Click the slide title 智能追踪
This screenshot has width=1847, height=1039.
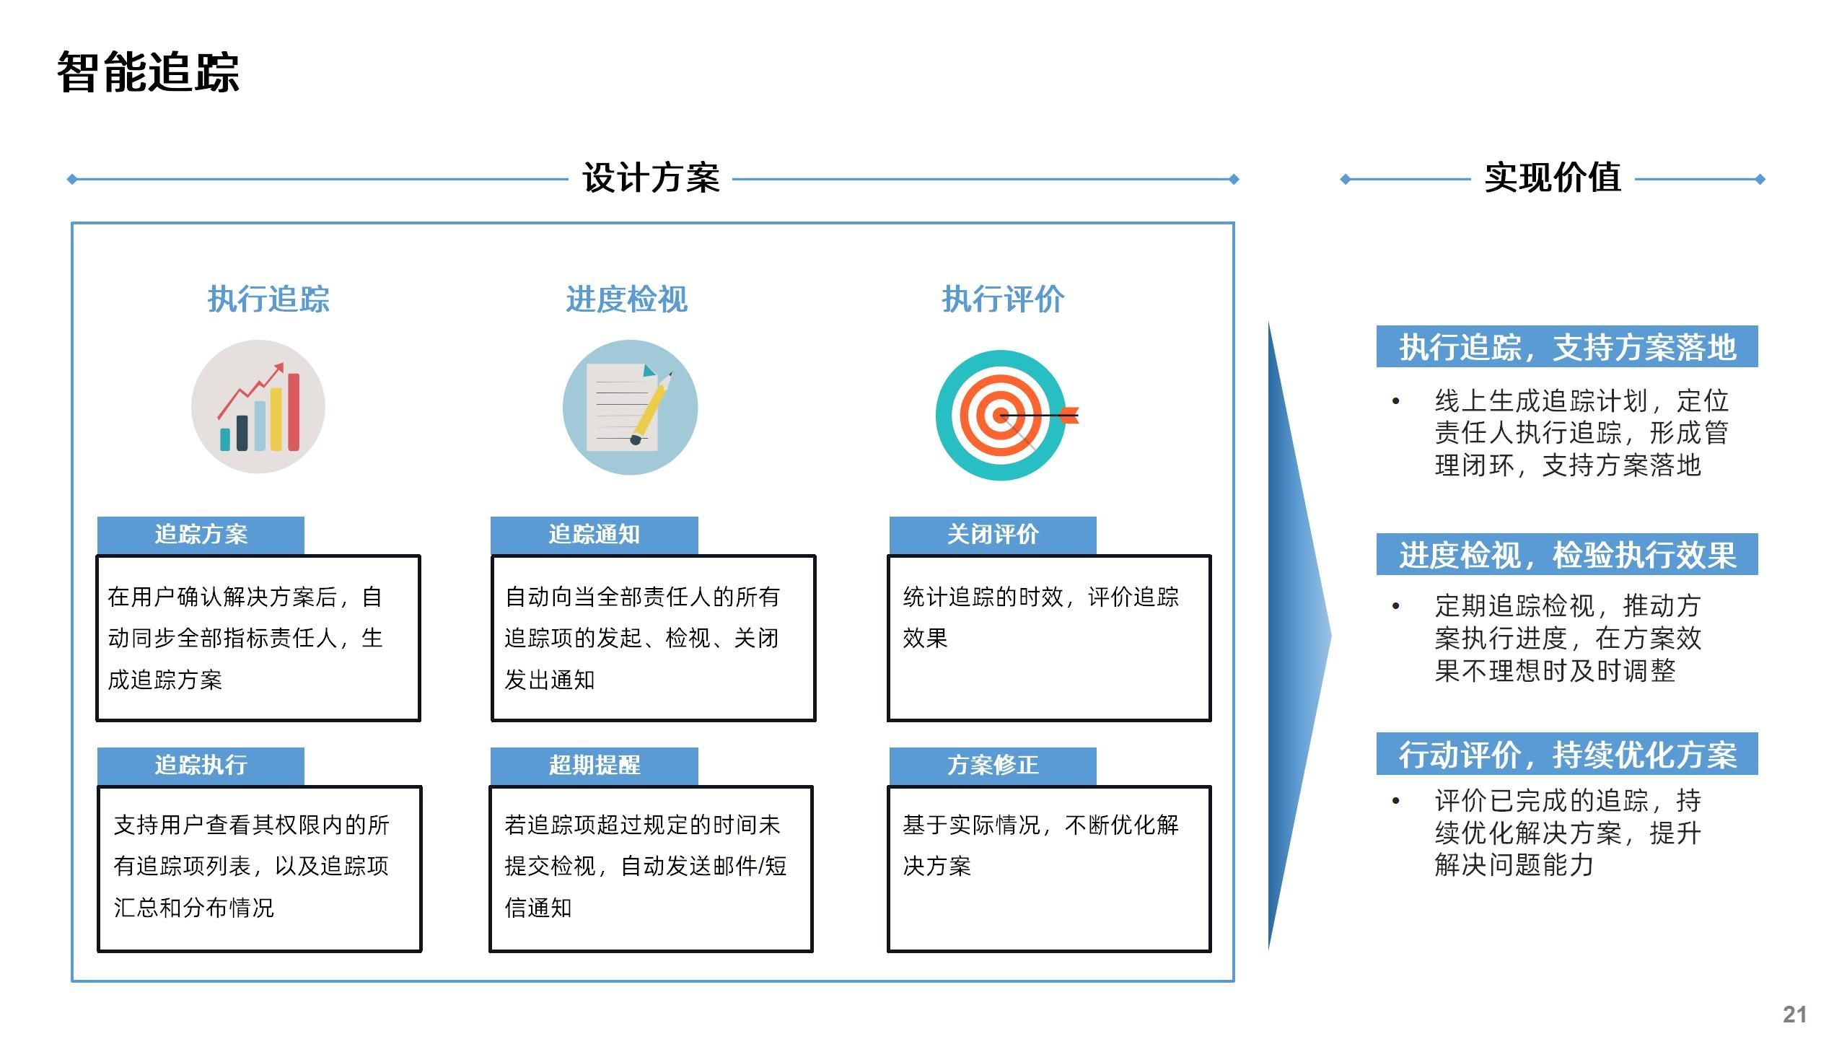click(x=148, y=73)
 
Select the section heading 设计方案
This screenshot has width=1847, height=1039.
click(x=651, y=178)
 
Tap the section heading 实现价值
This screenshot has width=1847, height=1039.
click(x=1553, y=178)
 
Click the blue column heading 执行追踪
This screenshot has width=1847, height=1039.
click(x=268, y=299)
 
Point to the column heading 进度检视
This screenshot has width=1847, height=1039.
click(x=626, y=299)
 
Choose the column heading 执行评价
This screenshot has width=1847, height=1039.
click(x=1003, y=299)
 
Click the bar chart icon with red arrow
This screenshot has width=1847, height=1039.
click(x=258, y=407)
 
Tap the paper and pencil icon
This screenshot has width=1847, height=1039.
click(x=630, y=408)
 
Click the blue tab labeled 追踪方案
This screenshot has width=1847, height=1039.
click(x=201, y=535)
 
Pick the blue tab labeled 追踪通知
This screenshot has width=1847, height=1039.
click(x=594, y=535)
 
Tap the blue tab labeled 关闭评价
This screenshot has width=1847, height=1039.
click(x=993, y=535)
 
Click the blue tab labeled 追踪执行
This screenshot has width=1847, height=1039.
click(x=201, y=766)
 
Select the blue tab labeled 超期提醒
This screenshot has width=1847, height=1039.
click(x=594, y=766)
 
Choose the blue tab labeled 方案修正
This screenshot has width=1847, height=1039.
click(x=993, y=766)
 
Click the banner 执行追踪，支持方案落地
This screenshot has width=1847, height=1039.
click(x=1567, y=347)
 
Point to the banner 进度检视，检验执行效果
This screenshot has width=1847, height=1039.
click(x=1567, y=555)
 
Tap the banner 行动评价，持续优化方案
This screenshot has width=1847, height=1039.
click(x=1567, y=755)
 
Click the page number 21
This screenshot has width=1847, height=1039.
click(x=1794, y=1014)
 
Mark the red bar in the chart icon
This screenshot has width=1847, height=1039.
click(x=294, y=412)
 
